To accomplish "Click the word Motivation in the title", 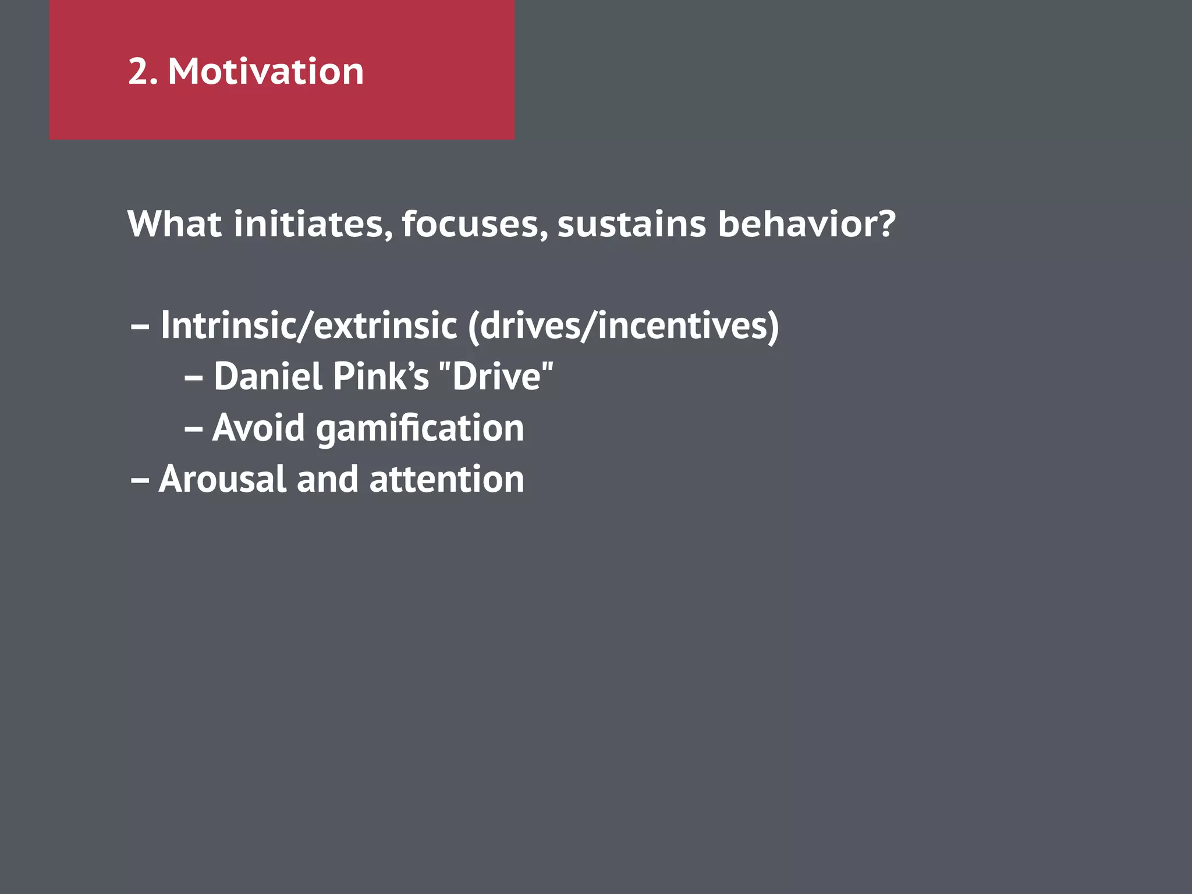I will pyautogui.click(x=265, y=72).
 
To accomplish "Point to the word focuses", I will pyautogui.click(x=473, y=225).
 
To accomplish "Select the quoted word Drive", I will pyautogui.click(x=496, y=376).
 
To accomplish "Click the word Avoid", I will pyautogui.click(x=258, y=428).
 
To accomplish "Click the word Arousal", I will pyautogui.click(x=222, y=479).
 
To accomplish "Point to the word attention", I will pyautogui.click(x=446, y=479).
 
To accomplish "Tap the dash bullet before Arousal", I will pyautogui.click(x=140, y=481).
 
